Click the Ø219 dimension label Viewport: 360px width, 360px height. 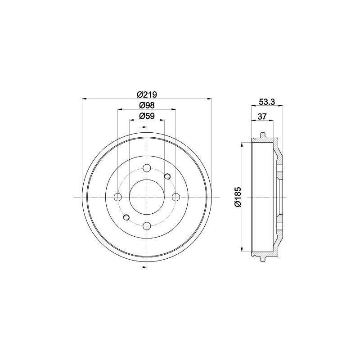[147, 94]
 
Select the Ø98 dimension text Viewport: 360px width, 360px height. [147, 105]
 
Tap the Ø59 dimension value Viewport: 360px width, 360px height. [147, 116]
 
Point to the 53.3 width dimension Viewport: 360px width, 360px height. [267, 102]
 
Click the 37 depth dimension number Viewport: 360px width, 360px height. [262, 117]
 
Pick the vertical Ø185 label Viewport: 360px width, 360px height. [238, 197]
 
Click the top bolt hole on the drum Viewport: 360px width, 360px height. [147, 168]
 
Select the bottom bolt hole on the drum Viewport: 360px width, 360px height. [147, 226]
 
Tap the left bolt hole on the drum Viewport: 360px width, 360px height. [118, 197]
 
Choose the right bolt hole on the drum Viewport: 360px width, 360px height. [175, 197]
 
